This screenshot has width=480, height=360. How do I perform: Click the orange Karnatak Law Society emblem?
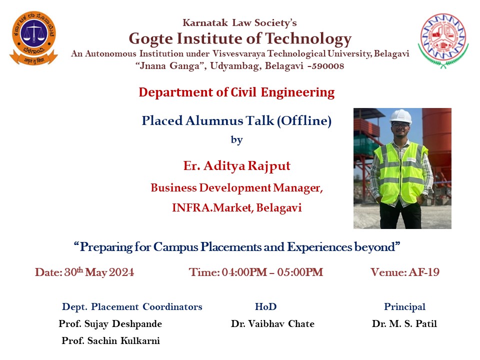click(33, 38)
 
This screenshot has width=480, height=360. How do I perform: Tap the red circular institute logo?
click(443, 40)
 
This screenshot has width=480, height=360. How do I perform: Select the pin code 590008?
click(328, 66)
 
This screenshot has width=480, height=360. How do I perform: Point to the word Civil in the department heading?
click(243, 92)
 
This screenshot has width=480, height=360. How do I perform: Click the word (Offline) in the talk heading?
click(304, 120)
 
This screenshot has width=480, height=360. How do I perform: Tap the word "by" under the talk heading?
click(236, 140)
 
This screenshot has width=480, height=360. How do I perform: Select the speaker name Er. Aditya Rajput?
click(236, 166)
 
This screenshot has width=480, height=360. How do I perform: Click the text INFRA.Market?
click(211, 208)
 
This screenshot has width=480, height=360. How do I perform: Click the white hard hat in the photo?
click(400, 116)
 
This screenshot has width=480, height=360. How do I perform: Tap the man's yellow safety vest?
click(400, 172)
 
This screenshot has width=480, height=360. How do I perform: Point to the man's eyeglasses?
click(400, 125)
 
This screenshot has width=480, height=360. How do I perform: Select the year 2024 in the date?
click(121, 272)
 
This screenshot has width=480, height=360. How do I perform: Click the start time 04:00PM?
click(244, 272)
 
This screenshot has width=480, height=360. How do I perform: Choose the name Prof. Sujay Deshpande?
click(110, 324)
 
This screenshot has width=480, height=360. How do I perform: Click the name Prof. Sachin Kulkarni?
click(111, 340)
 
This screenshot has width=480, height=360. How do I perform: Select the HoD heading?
click(265, 306)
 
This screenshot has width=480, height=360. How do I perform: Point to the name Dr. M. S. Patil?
click(404, 324)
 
